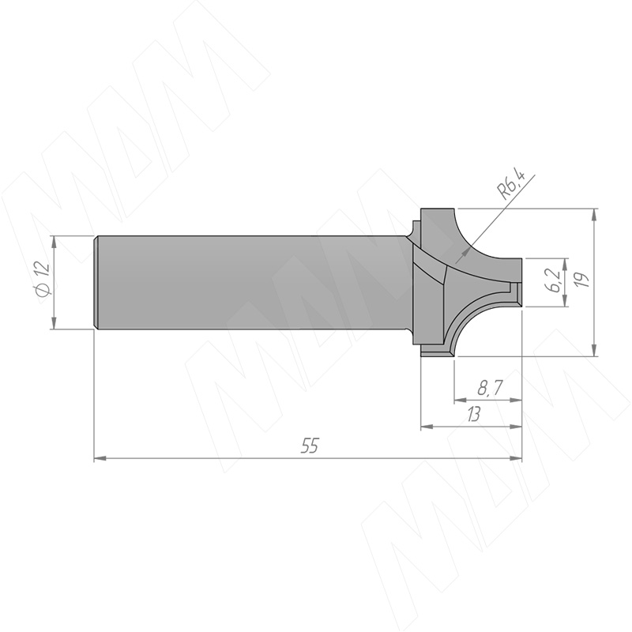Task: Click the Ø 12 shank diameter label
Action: [43, 280]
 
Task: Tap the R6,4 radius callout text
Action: [512, 185]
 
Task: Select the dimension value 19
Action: [582, 279]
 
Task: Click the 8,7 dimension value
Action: [490, 389]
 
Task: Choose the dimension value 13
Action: [473, 414]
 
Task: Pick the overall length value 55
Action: [310, 446]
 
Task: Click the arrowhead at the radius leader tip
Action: [466, 252]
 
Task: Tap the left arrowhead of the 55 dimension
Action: [100, 458]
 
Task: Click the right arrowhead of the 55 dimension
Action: [516, 458]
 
